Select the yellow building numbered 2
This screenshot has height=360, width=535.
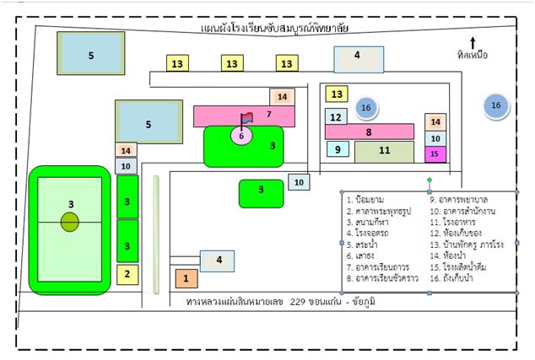tap(127, 274)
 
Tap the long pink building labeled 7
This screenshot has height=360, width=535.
tap(245, 115)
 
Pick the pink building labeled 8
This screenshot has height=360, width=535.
tap(369, 132)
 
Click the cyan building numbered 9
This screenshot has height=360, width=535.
tap(338, 149)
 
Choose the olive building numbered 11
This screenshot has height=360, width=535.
tap(384, 152)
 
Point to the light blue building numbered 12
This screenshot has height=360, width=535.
tap(336, 116)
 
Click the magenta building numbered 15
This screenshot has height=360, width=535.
tap(435, 154)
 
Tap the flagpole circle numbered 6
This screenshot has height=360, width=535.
tap(241, 135)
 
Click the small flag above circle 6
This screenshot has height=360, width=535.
tap(247, 118)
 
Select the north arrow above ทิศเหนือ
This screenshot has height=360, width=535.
tap(473, 41)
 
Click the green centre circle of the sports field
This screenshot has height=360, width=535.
tap(70, 222)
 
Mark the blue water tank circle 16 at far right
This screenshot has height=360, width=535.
tap(496, 105)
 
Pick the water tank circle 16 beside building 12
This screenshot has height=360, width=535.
tap(365, 107)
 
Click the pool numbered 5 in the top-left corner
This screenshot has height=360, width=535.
tap(91, 54)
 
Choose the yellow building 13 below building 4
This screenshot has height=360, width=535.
tap(338, 94)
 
